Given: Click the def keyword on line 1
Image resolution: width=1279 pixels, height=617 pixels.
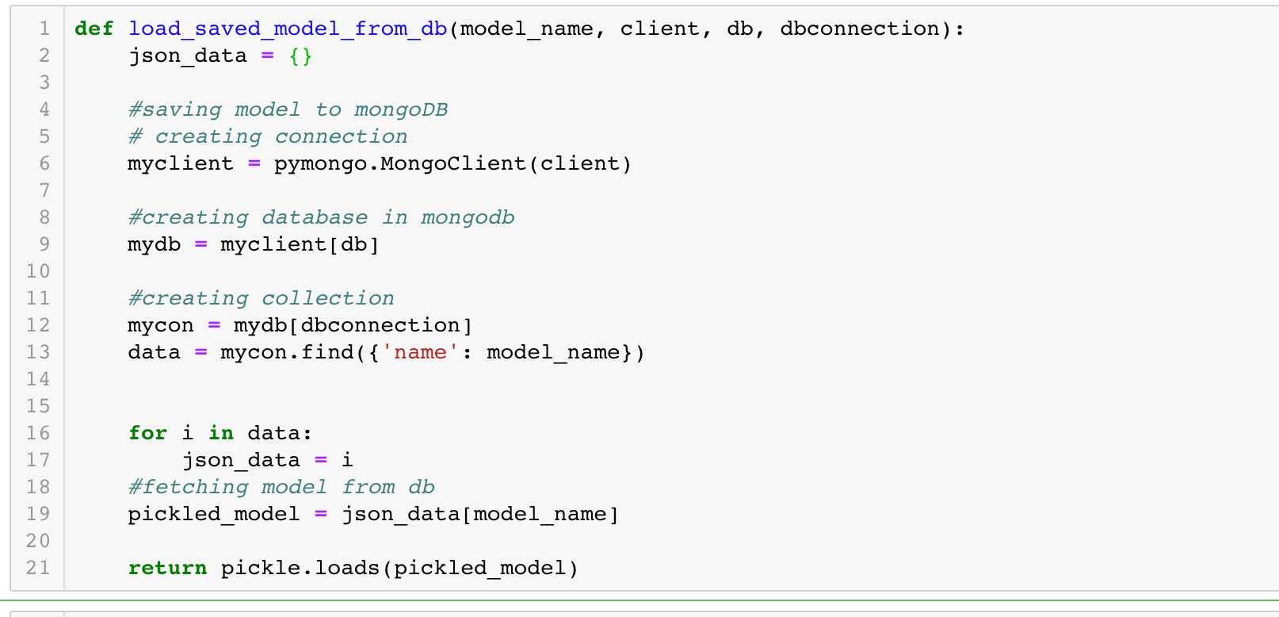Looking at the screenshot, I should coord(94,29).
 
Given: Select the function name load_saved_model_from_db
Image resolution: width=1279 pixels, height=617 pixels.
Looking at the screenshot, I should coord(288,29).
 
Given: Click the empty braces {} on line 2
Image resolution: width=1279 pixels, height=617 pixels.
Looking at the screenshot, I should coord(300,56).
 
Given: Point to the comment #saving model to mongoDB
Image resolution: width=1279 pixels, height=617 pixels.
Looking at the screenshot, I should coord(288,110).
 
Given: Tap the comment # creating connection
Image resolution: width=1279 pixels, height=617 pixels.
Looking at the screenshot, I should coord(268,137).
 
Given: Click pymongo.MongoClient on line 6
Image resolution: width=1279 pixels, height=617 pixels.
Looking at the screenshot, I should coord(400,164).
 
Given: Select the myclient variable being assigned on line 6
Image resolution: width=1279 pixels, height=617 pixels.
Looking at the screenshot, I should coord(181,164).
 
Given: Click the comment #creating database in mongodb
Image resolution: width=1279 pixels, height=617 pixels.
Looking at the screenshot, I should coord(321,218).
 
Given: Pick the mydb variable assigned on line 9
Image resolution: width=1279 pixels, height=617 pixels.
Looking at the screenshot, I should coord(155,245).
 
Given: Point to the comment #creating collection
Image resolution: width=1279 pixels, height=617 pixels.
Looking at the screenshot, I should coord(261,299).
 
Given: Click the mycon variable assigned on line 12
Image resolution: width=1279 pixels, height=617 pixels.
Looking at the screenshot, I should coord(161,326).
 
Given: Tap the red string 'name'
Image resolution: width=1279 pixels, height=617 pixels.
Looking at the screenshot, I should coord(420,353).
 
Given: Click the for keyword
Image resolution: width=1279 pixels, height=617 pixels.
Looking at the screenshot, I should coord(148,434).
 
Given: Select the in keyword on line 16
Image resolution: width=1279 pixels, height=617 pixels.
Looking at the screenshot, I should coord(221,434).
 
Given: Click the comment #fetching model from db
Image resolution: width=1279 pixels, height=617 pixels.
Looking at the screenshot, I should coord(281,488).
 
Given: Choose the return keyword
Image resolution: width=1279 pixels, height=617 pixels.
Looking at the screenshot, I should coord(167,569).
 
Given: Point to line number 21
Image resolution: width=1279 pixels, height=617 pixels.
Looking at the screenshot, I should coord(38,569).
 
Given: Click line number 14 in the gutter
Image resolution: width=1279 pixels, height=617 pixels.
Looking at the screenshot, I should coord(38,380).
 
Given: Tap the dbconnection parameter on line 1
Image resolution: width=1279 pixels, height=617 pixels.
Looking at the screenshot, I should coord(860,29).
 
